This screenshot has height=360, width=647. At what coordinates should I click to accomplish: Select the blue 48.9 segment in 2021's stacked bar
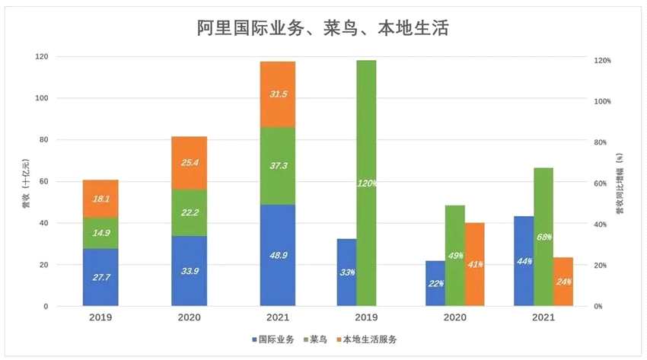pyautogui.click(x=277, y=255)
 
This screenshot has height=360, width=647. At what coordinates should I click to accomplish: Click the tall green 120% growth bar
pyautogui.click(x=366, y=183)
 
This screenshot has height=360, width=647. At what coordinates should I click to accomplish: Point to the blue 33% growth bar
pyautogui.click(x=346, y=272)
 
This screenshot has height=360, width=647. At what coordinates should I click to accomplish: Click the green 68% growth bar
pyautogui.click(x=543, y=237)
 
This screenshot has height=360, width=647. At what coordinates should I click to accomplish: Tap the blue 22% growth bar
pyautogui.click(x=435, y=283)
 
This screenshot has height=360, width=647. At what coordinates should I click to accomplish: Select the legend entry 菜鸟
pyautogui.click(x=321, y=339)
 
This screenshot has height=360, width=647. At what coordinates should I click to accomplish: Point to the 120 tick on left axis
pyautogui.click(x=41, y=57)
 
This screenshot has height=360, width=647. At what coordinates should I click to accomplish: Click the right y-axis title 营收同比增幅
pyautogui.click(x=620, y=183)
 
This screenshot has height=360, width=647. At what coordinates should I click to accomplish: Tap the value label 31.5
pyautogui.click(x=278, y=94)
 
